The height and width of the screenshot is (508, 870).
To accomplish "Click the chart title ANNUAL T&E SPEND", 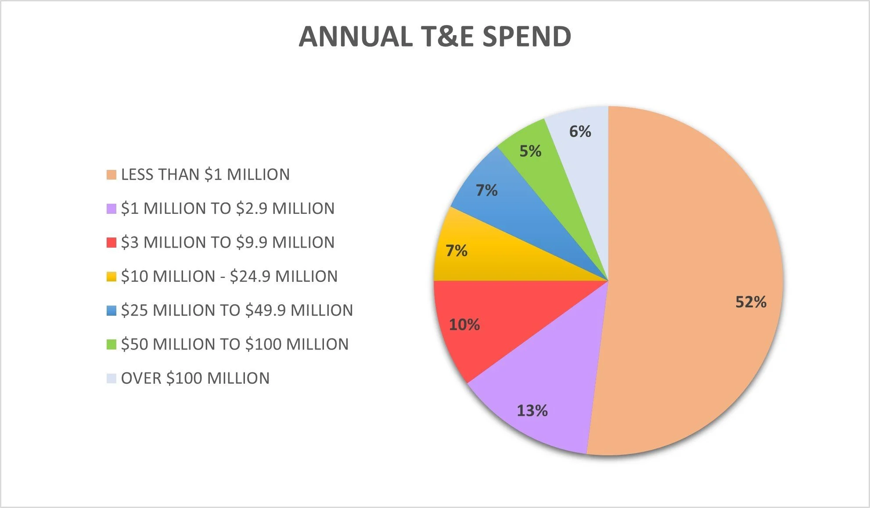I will [x=435, y=36].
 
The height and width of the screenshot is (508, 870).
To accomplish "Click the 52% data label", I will [x=751, y=302].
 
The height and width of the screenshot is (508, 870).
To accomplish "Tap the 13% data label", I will [x=532, y=411].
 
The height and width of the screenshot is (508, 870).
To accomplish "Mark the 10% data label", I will [x=464, y=325].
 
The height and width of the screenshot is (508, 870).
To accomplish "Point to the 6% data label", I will [x=580, y=131].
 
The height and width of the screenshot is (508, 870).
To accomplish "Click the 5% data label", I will [x=530, y=151].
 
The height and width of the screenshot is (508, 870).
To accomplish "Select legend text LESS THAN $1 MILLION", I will [x=205, y=175].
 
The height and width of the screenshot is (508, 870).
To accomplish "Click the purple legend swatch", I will [x=111, y=209].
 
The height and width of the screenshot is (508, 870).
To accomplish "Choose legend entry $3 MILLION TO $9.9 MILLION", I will [x=227, y=242].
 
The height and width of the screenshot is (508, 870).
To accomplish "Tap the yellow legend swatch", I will [x=111, y=277].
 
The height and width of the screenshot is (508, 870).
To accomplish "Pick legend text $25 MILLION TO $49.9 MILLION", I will [x=237, y=310].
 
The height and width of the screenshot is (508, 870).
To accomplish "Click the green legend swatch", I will [x=111, y=345].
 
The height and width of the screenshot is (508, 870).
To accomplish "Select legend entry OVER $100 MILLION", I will [x=195, y=378].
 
